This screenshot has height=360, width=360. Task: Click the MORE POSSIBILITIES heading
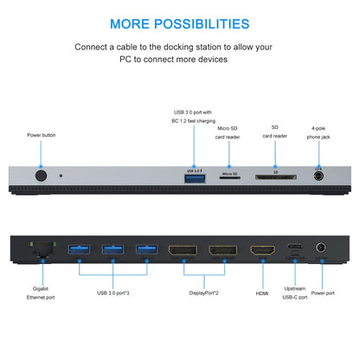click(x=180, y=23)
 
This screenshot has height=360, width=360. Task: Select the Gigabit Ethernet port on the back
click(x=41, y=250)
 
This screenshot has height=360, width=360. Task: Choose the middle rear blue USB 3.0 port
click(x=112, y=250)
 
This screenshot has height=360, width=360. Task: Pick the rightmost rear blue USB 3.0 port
click(x=145, y=250)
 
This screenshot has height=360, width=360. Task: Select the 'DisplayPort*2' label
click(x=204, y=292)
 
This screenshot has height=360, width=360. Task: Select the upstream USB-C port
click(x=295, y=249)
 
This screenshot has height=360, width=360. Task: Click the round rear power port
click(x=322, y=249)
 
